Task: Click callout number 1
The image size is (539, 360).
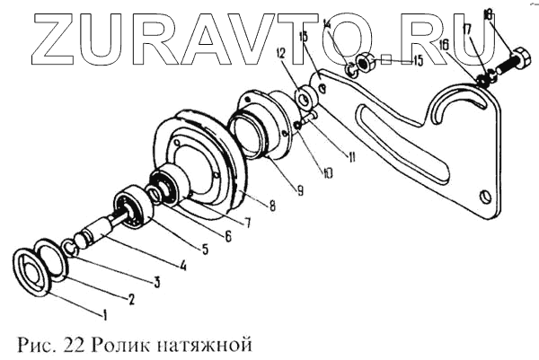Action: pyautogui.click(x=105, y=315)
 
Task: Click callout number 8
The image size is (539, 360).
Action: pyautogui.click(x=271, y=206)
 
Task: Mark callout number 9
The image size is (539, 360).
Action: pyautogui.click(x=299, y=190)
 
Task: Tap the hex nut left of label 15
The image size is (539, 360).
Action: pyautogui.click(x=367, y=63)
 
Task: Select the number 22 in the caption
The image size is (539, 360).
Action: pyautogui.click(x=57, y=344)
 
